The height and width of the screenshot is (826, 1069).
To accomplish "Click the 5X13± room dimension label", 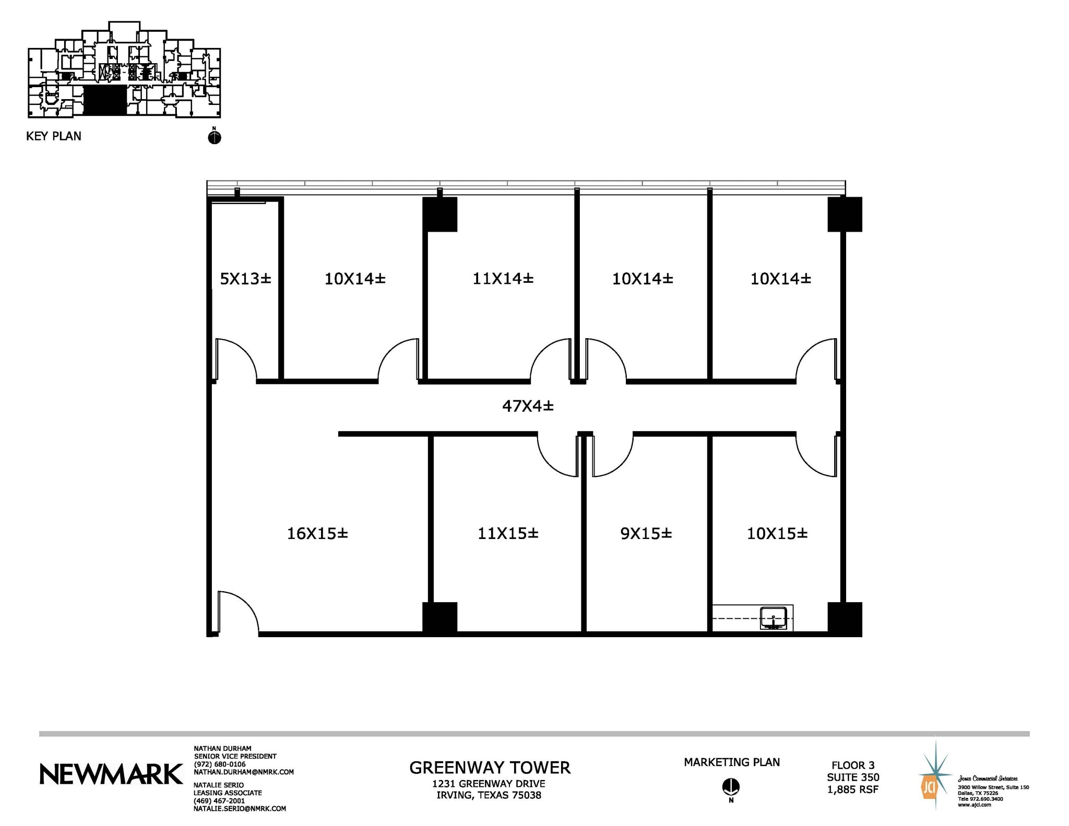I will (x=245, y=279).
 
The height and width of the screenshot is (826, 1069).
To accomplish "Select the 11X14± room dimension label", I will (x=503, y=279).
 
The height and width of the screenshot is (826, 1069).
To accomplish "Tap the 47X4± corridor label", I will (x=528, y=406).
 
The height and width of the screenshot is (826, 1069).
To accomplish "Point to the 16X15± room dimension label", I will (x=317, y=533).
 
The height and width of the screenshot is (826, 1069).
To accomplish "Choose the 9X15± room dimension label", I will (x=646, y=533).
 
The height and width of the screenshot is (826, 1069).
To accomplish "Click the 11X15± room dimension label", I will (x=508, y=533).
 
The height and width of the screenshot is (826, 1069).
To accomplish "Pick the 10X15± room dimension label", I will (x=777, y=533).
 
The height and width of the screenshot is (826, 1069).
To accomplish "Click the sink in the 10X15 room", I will (x=773, y=618).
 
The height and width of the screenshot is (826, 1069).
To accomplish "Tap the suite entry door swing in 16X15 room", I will (x=237, y=612).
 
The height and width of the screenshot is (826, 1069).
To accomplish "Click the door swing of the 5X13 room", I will (x=235, y=359).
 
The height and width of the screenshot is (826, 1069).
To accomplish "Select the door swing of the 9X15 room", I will (x=612, y=455).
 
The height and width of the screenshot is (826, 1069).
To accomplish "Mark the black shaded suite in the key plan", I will (x=105, y=101).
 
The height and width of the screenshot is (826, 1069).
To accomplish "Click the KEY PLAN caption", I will (x=54, y=136).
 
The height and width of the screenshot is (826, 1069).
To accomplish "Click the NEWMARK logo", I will (x=111, y=774).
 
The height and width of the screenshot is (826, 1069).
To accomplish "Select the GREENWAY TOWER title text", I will (x=490, y=768).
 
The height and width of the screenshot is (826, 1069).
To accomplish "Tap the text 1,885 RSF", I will (x=852, y=789).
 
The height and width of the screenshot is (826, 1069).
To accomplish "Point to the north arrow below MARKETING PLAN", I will (x=731, y=786).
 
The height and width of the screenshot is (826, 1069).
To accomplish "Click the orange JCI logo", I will (x=929, y=787).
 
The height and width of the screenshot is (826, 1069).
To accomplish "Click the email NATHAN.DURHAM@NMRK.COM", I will (x=244, y=772).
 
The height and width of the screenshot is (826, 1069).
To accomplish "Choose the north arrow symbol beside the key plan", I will (x=215, y=137).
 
